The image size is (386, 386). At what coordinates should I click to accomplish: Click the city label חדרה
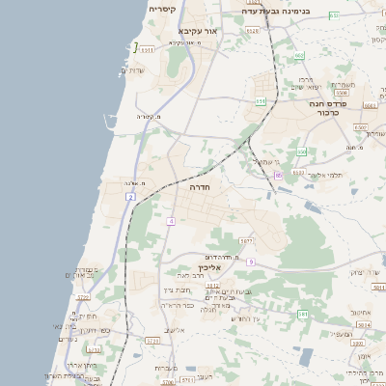pos(200,185)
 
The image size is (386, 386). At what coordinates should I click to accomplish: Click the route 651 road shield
pos(261,100)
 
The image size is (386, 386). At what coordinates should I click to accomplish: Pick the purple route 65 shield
pos(278,175)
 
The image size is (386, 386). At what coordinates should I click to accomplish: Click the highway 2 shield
pos(130,197)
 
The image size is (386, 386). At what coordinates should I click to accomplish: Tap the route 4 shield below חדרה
pos(171,221)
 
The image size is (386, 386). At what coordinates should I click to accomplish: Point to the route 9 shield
pos(250,262)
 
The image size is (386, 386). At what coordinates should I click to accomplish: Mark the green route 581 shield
pos(303,314)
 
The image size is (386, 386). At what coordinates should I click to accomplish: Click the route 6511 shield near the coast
pos(146,48)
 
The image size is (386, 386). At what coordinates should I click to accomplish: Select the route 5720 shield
pos(152,341)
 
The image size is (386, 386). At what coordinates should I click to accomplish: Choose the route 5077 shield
pos(247,240)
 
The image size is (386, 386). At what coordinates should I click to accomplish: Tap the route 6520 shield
pos(361,126)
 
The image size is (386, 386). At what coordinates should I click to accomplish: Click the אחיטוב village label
pos(362,312)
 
